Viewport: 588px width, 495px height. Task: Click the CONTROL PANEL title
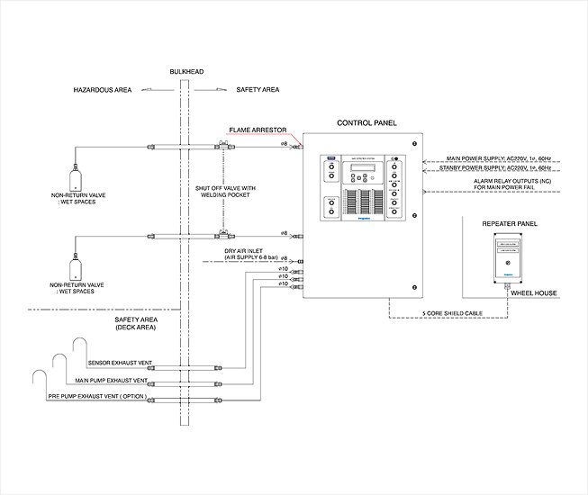pos(366,122)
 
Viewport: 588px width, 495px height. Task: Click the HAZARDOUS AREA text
pos(103,90)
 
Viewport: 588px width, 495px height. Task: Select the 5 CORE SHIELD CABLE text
pos(449,312)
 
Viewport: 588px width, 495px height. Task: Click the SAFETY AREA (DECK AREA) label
pos(138,324)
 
